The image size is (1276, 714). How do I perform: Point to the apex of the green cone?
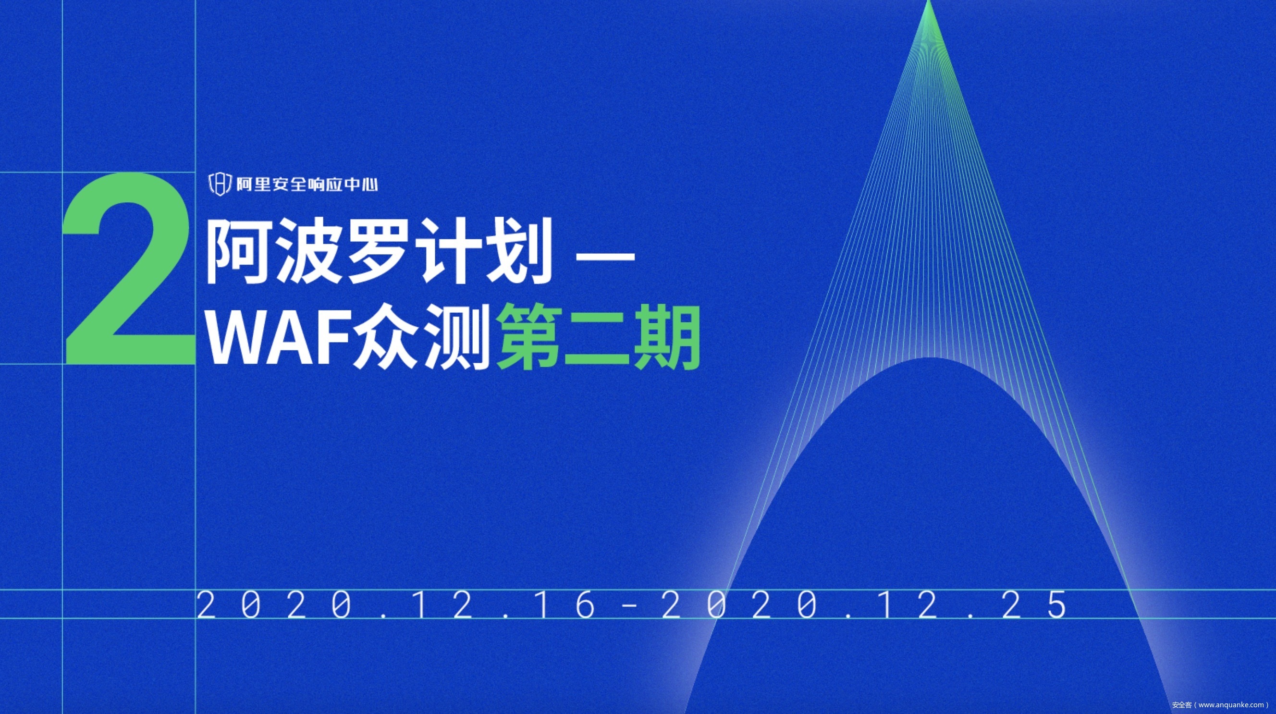(x=929, y=1)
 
